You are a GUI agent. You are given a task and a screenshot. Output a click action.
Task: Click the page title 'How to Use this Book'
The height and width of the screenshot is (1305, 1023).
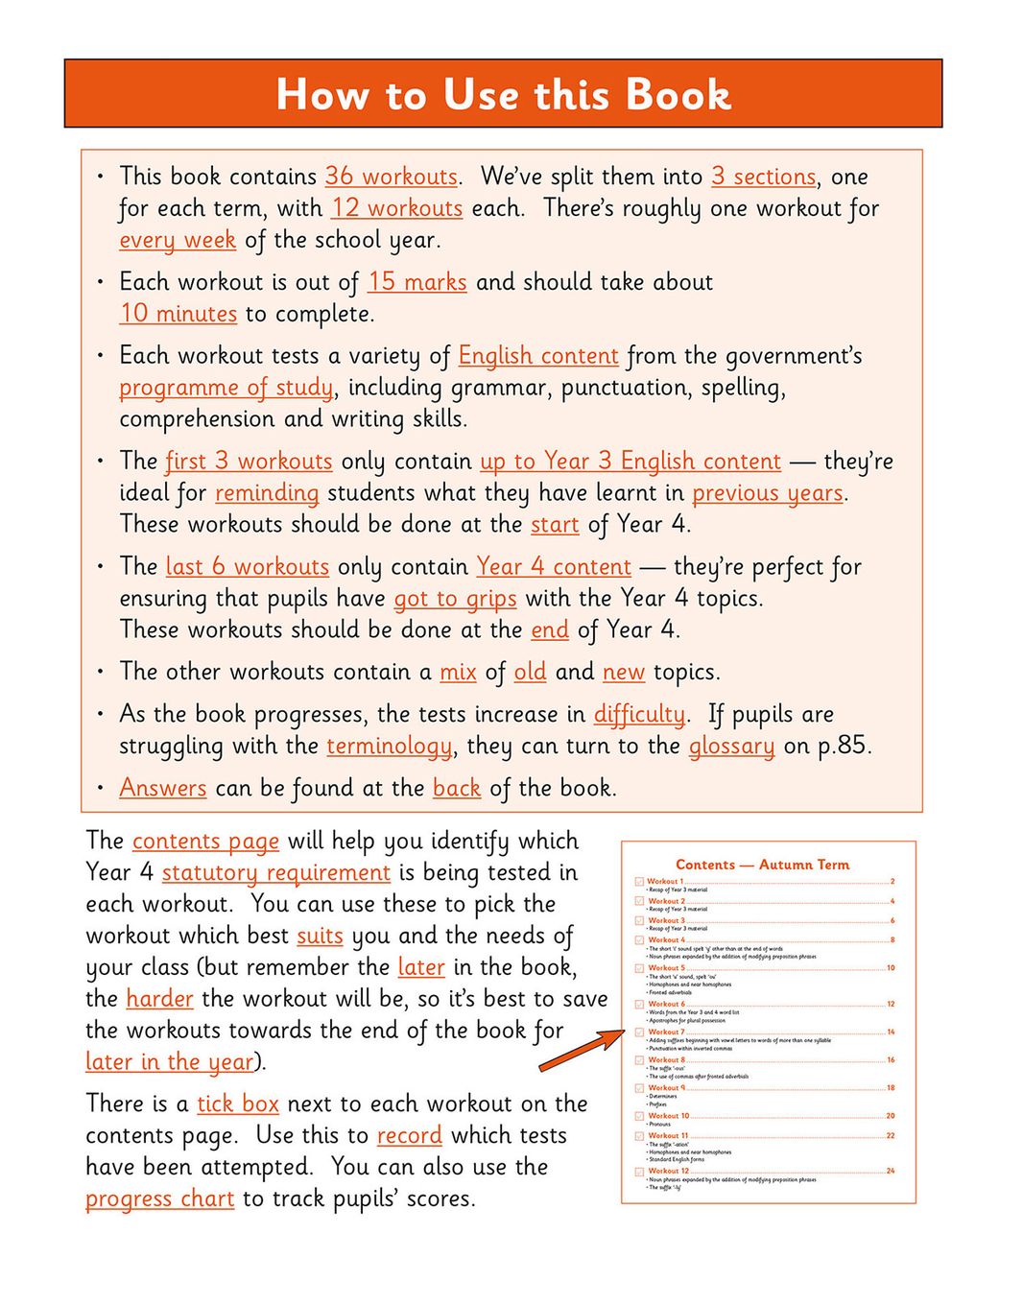click(503, 94)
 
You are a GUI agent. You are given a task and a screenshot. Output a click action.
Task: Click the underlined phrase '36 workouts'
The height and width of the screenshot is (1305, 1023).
click(391, 177)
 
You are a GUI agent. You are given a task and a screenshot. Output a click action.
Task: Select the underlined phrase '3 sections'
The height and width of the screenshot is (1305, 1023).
click(763, 177)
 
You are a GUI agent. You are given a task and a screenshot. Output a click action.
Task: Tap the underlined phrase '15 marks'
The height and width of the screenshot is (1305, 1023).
click(416, 282)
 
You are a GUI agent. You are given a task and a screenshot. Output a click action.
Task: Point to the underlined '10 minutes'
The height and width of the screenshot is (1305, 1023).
click(178, 314)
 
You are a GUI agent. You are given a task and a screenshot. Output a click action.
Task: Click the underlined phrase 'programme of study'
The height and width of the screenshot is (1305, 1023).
click(226, 388)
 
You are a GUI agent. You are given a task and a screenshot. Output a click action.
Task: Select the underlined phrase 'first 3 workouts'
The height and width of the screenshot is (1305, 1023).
click(249, 462)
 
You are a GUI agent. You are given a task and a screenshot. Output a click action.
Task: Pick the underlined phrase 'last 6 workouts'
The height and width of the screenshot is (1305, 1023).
click(247, 567)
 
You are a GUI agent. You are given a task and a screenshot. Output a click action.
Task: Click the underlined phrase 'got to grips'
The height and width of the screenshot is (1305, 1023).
click(455, 599)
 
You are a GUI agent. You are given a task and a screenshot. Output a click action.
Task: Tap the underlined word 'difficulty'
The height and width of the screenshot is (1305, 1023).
click(639, 715)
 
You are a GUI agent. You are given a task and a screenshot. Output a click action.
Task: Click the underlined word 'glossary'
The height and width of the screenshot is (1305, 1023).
click(731, 747)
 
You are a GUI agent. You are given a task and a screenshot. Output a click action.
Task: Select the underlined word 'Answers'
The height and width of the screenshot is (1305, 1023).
click(163, 789)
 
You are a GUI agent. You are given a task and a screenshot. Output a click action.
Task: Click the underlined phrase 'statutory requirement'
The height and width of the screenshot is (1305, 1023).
click(275, 873)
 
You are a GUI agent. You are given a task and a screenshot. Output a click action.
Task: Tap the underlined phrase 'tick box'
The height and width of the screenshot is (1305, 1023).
click(238, 1104)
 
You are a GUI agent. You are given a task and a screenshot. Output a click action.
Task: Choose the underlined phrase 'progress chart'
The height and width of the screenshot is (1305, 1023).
click(159, 1199)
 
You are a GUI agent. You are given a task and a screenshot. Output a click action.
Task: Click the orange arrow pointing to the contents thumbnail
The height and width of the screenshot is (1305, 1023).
click(580, 1050)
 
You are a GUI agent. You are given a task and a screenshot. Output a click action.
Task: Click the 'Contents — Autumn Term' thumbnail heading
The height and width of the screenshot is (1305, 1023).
click(762, 865)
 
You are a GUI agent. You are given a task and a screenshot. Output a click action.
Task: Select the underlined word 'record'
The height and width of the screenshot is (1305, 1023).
click(409, 1136)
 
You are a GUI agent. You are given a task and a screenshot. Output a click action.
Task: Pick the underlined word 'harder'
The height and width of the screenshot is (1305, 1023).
click(159, 999)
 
